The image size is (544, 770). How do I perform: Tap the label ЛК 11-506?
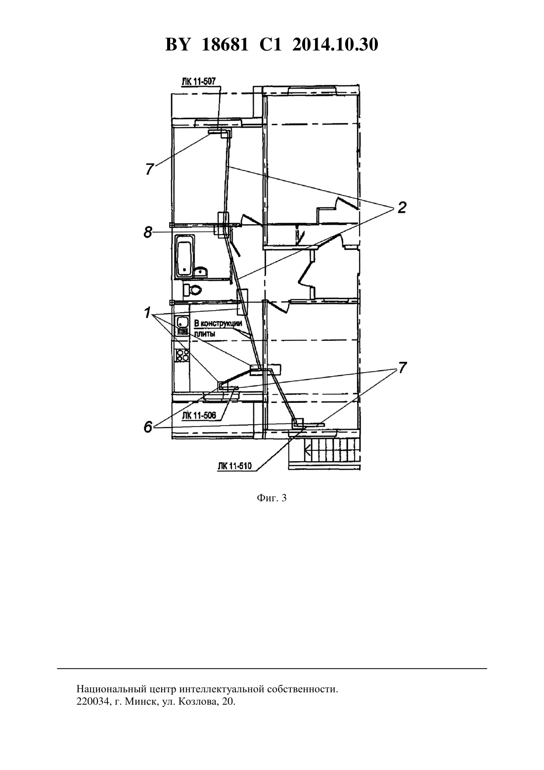pyautogui.click(x=199, y=416)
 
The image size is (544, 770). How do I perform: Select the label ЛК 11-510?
pyautogui.click(x=234, y=466)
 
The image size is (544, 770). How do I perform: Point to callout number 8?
pyautogui.click(x=148, y=233)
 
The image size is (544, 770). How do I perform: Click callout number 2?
pyautogui.click(x=401, y=208)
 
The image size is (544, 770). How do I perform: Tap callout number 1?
pyautogui.click(x=147, y=313)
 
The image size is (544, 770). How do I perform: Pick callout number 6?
pyautogui.click(x=148, y=427)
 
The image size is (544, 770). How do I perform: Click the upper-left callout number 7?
pyautogui.click(x=149, y=169)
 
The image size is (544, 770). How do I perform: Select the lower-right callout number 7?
pyautogui.click(x=402, y=368)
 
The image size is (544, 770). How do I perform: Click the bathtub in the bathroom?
pyautogui.click(x=184, y=256)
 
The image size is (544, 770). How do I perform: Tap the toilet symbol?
pyautogui.click(x=192, y=290)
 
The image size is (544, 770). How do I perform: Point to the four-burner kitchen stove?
pyautogui.click(x=182, y=355)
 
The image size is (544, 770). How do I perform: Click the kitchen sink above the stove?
pyautogui.click(x=181, y=322)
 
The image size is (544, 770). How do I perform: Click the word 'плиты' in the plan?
pyautogui.click(x=203, y=334)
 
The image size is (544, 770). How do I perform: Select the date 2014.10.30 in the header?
pyautogui.click(x=335, y=45)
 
